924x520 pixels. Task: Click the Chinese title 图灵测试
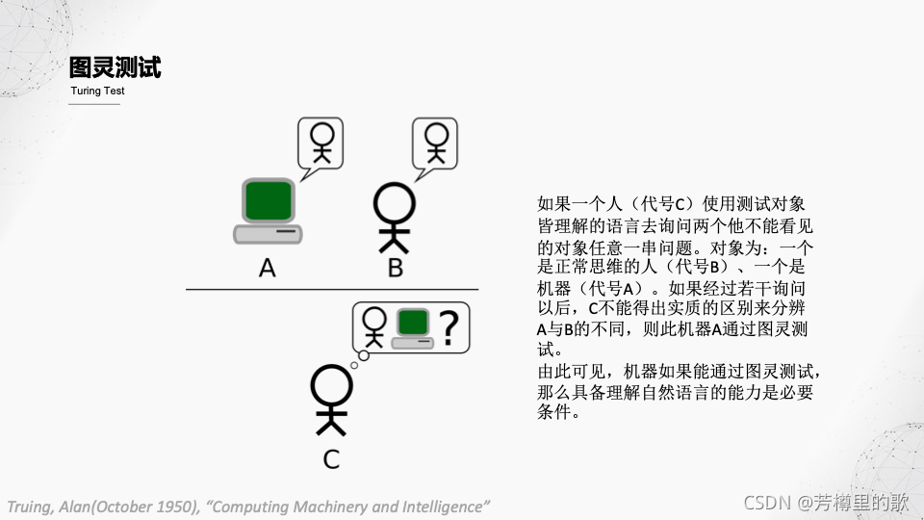click(115, 67)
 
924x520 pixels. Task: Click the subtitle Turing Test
click(97, 91)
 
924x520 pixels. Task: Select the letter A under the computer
click(268, 268)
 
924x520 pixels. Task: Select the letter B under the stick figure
click(395, 268)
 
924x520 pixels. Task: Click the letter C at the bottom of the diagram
click(331, 459)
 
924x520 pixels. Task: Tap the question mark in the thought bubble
click(448, 327)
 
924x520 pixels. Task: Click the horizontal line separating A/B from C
click(331, 289)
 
